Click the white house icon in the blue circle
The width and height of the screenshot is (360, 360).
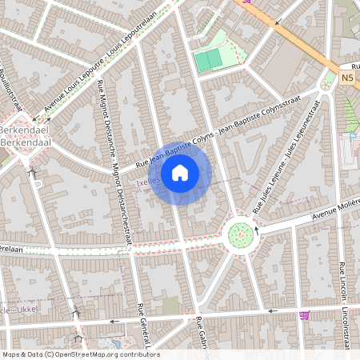(180, 172)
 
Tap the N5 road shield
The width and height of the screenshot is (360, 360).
(346, 78)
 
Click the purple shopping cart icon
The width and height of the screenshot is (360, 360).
(304, 315)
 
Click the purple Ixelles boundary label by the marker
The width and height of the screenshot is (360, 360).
(149, 182)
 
